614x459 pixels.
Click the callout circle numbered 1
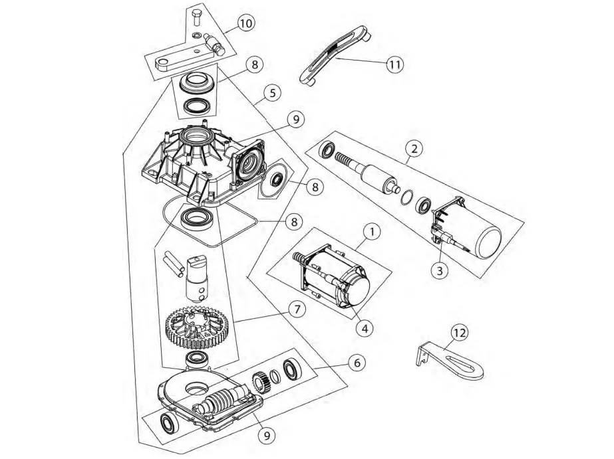click(x=373, y=232)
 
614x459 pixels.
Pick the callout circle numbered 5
click(x=270, y=94)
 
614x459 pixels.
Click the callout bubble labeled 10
click(x=245, y=23)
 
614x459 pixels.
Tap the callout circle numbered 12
click(x=460, y=330)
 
